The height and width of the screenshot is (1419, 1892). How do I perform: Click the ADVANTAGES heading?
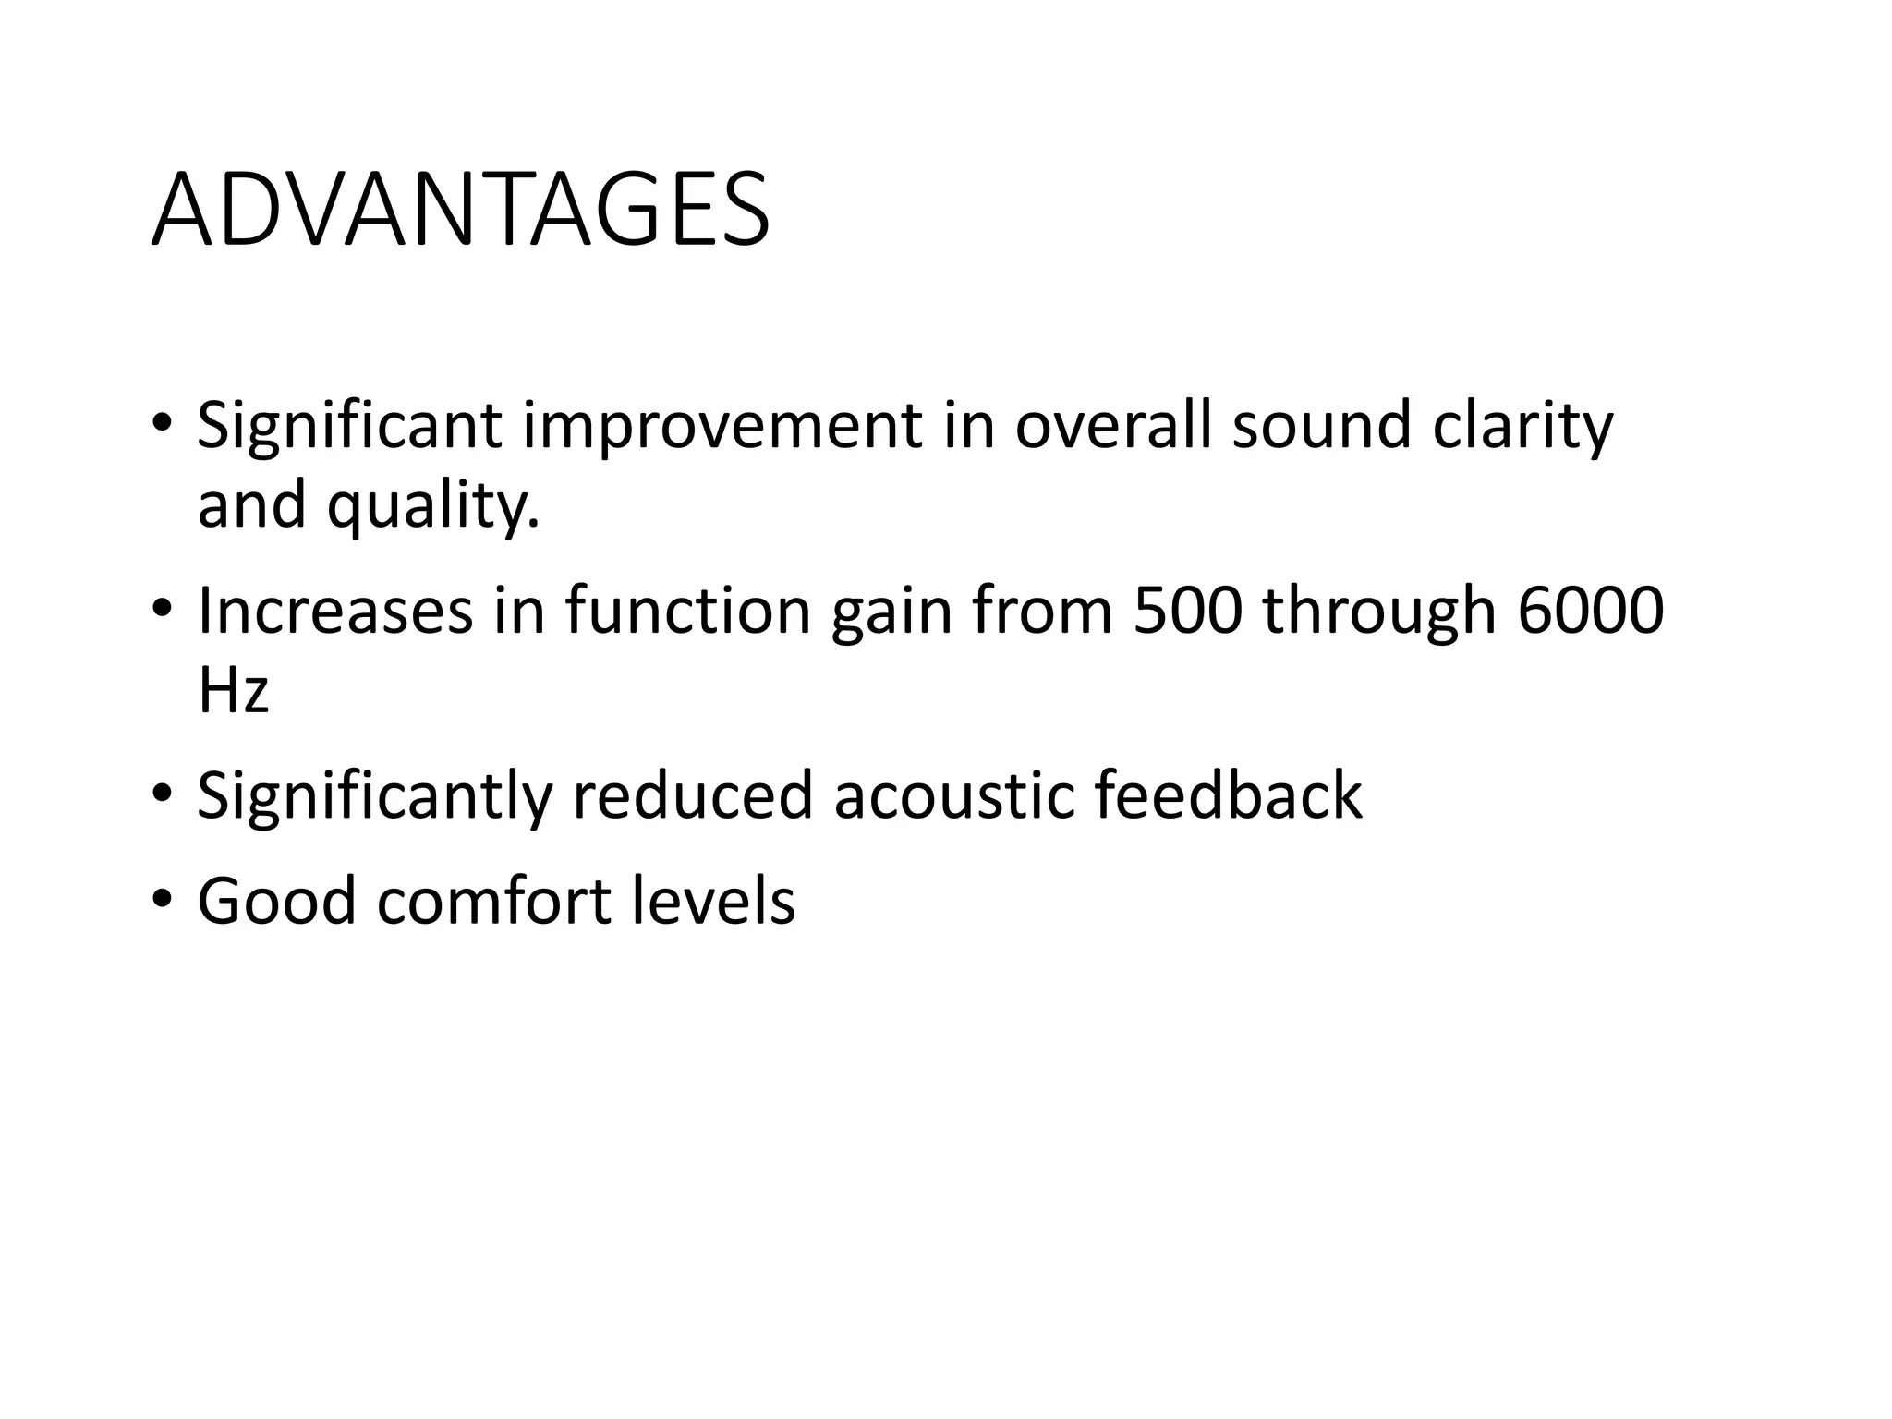(x=460, y=212)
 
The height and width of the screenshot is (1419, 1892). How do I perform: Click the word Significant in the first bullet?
(x=349, y=427)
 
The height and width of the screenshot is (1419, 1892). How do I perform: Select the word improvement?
(x=722, y=427)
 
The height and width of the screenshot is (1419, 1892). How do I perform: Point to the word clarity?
(x=1522, y=427)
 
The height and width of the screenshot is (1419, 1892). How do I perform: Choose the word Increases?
(x=334, y=611)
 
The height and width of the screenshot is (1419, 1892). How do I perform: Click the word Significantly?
(x=374, y=796)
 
